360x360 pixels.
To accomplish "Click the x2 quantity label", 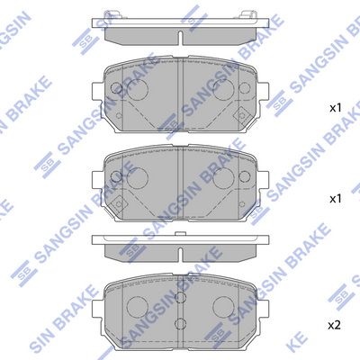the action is [334, 325].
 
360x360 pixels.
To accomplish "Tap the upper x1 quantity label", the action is [336, 108].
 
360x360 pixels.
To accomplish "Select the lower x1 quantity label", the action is [336, 199].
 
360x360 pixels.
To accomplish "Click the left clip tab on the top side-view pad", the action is [111, 15].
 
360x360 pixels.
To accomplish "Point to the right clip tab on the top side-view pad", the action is [247, 15].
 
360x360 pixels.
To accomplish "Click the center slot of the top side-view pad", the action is [180, 38].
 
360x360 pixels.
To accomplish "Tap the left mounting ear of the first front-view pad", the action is [97, 92].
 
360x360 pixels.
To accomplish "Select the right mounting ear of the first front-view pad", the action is [263, 92].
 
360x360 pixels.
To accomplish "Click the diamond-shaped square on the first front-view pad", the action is [241, 115].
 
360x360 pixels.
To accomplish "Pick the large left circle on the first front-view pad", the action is [138, 89].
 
